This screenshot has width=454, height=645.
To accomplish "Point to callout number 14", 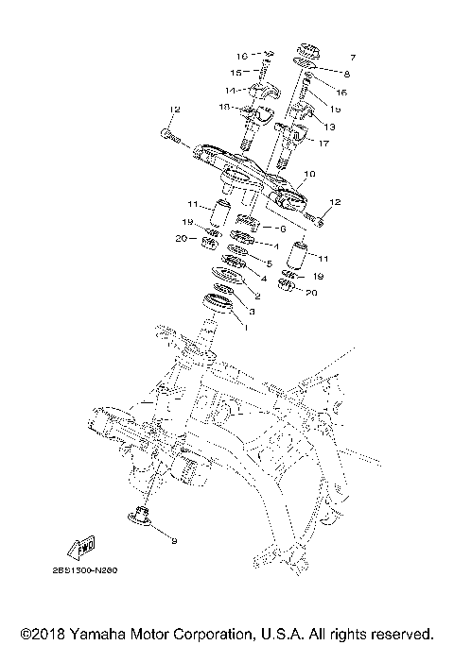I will (228, 91).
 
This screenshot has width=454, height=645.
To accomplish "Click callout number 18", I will (224, 108).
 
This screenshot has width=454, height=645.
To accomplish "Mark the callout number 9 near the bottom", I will (173, 539).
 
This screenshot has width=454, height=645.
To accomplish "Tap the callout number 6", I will (282, 228).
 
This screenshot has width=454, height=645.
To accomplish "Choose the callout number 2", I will (256, 296).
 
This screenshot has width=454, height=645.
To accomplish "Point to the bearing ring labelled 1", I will (218, 303).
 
